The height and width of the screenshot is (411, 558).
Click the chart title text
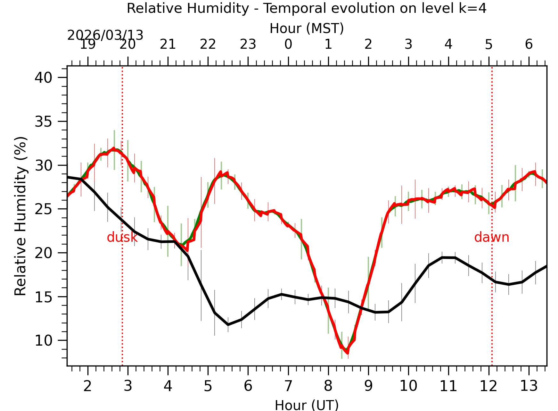click(x=307, y=8)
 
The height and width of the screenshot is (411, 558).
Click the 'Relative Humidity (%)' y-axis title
click(x=21, y=216)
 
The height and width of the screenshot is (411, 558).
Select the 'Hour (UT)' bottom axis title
click(x=307, y=405)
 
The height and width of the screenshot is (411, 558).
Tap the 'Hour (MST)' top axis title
click(x=307, y=29)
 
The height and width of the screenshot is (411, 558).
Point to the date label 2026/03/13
click(x=105, y=35)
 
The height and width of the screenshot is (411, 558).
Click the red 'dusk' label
click(x=122, y=238)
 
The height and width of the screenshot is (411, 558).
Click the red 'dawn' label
click(x=491, y=238)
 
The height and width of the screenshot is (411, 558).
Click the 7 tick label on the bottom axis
click(x=288, y=386)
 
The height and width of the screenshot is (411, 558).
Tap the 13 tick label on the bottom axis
click(x=529, y=386)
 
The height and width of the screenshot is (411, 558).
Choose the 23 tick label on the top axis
click(x=248, y=44)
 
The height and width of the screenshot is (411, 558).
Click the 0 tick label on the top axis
click(x=288, y=44)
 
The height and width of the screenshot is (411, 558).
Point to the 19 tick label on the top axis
click(x=87, y=44)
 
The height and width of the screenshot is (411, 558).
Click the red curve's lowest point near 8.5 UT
click(x=348, y=353)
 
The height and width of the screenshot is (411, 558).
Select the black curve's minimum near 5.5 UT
click(x=228, y=325)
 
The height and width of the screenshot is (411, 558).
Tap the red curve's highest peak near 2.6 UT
click(x=114, y=149)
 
